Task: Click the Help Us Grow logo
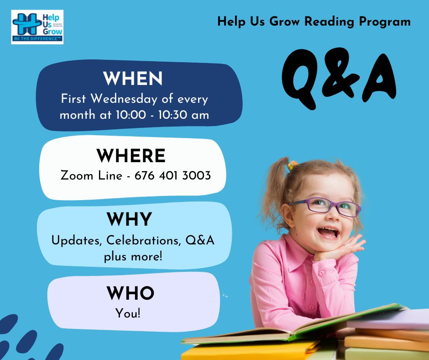tap(37, 27)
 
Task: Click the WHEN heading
tap(133, 79)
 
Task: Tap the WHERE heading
tap(131, 156)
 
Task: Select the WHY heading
tap(130, 219)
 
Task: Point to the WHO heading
tap(131, 293)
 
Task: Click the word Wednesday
tap(124, 99)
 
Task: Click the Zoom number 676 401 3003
tap(173, 175)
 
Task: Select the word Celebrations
tap(144, 240)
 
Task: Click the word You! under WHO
tap(128, 313)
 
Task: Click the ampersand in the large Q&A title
tap(340, 73)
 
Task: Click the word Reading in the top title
tap(330, 22)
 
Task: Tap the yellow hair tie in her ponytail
tap(292, 165)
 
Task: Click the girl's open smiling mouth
tap(328, 233)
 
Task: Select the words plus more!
tap(133, 257)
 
